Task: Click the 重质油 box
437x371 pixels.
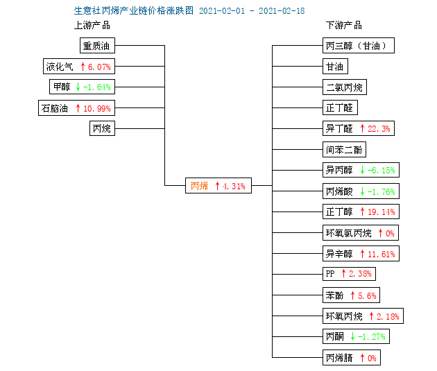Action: (x=97, y=45)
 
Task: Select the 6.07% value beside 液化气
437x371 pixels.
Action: (x=99, y=67)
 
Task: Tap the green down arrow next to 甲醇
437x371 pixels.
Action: (x=78, y=87)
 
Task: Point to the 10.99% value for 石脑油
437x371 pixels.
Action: (x=97, y=108)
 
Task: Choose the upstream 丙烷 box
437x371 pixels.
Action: (x=102, y=128)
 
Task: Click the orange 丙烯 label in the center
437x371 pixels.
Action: (x=199, y=186)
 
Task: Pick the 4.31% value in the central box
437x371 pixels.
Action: (x=234, y=186)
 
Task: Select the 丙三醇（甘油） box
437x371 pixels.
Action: (x=359, y=45)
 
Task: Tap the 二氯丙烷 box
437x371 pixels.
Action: (x=345, y=87)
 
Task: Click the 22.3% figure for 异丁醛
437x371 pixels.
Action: (x=379, y=129)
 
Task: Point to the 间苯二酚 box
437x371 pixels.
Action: (x=344, y=150)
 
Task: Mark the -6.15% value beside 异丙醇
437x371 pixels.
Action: (x=382, y=170)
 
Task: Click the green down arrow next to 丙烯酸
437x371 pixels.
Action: (x=362, y=191)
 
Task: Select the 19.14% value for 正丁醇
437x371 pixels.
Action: (x=382, y=212)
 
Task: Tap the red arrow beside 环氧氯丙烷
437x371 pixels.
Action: (x=380, y=233)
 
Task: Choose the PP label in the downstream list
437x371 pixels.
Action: (x=330, y=273)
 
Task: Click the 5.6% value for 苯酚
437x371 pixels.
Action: (x=367, y=295)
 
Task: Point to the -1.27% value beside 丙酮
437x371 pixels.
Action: (x=372, y=337)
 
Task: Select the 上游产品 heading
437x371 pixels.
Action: (x=92, y=26)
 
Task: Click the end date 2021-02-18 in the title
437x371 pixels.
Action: (x=282, y=11)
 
